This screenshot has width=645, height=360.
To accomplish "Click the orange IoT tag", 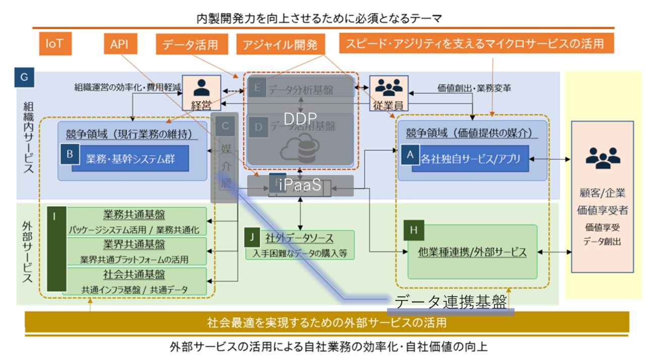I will point(55,44).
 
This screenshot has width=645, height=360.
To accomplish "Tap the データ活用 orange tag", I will point(190,44).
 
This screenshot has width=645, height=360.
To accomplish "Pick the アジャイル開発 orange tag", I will point(280,44).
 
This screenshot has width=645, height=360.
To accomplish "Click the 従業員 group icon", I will point(389,87).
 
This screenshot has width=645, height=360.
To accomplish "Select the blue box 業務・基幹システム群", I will point(130,159).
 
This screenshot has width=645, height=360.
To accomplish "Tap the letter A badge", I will point(410,156).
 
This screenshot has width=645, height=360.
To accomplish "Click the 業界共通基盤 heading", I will point(134,245).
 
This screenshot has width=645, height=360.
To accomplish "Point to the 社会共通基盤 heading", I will point(134,275).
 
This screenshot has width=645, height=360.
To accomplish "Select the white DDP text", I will point(300,118).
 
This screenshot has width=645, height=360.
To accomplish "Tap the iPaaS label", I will point(300,185).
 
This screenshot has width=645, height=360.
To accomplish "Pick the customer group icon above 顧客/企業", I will point(603,158).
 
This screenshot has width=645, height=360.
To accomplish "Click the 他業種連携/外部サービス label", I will point(472,252).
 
